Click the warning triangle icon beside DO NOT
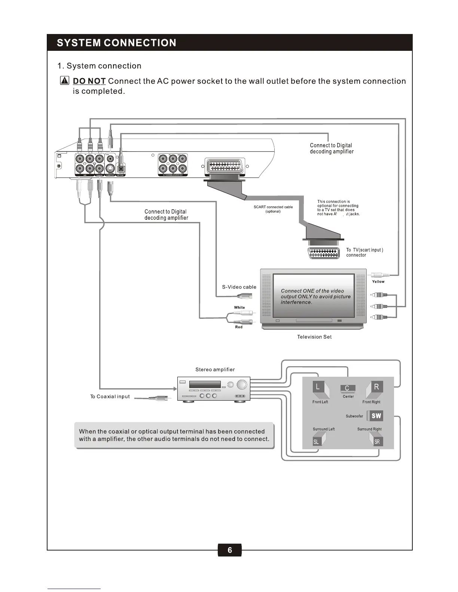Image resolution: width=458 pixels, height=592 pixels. [x=65, y=81]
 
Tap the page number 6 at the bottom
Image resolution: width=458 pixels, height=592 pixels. [x=229, y=550]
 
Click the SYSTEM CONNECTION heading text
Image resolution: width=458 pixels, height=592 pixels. [x=116, y=43]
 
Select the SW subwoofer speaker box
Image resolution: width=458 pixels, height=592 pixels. [x=375, y=416]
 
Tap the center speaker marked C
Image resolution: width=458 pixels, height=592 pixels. [x=348, y=389]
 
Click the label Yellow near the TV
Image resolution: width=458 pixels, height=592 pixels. [x=378, y=281]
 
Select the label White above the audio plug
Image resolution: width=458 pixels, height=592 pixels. [x=239, y=308]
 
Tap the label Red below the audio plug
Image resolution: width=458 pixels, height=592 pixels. [x=239, y=327]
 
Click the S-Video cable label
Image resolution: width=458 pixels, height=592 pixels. [x=239, y=287]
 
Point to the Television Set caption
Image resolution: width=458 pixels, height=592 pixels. [x=314, y=337]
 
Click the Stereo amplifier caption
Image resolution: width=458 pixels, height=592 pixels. [x=215, y=370]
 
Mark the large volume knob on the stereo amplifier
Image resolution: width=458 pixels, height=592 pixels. [x=242, y=385]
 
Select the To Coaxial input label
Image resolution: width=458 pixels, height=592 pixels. [x=110, y=397]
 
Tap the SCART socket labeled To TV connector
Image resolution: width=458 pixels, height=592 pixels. [x=324, y=253]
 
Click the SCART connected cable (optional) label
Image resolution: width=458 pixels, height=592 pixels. [x=273, y=209]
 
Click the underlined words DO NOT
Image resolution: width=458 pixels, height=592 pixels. [x=89, y=81]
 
